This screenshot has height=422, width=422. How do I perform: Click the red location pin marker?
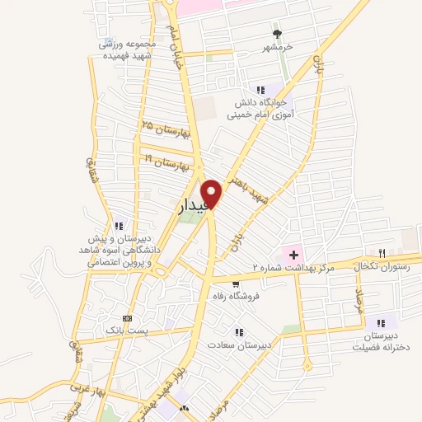212,193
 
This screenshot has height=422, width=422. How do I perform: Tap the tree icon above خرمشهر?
278,34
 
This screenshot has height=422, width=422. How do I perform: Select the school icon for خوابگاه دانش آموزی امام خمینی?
260,89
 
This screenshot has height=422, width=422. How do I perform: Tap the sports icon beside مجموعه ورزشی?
107,39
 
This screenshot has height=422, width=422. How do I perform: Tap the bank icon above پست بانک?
127,318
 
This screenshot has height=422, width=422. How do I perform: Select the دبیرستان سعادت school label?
238,345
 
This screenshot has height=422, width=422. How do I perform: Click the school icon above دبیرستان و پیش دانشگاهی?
119,225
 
